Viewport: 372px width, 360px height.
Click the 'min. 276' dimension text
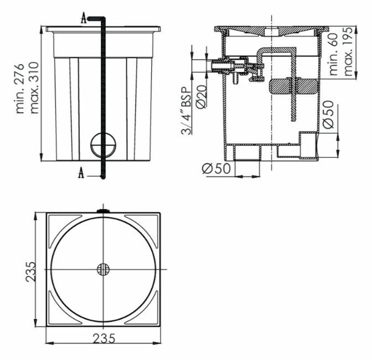[x=20, y=88]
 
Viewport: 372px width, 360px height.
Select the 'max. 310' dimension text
[x=34, y=88]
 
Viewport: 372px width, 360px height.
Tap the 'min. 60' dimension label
[x=333, y=54]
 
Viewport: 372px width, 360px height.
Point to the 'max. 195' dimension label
[x=348, y=51]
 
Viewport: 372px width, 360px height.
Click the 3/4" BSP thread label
[x=187, y=111]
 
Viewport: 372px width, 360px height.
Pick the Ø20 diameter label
[x=201, y=97]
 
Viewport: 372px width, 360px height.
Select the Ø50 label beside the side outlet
[x=328, y=114]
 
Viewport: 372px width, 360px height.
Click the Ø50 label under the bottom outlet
[x=216, y=169]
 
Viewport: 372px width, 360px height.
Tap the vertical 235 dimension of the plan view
[x=31, y=272]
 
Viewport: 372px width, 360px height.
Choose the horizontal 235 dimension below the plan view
[x=104, y=338]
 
